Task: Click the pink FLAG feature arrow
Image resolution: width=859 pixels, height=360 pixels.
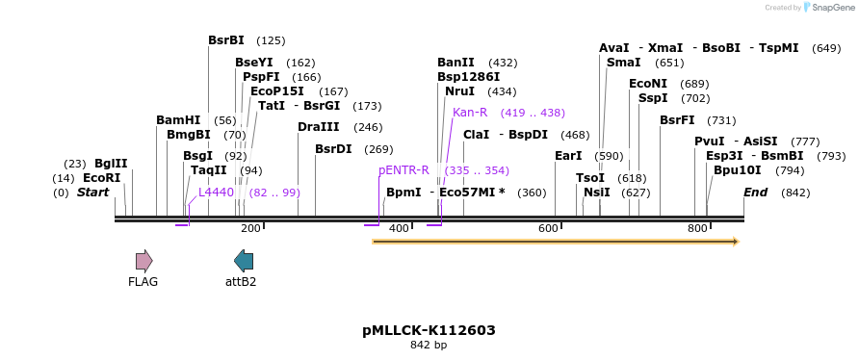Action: click(143, 260)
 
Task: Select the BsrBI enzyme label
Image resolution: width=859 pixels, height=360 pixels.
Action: click(226, 40)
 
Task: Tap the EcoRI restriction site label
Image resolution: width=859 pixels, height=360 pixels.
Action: click(101, 178)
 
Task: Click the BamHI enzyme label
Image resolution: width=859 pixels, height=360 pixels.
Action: click(178, 120)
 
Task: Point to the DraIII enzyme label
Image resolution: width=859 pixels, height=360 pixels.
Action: click(319, 127)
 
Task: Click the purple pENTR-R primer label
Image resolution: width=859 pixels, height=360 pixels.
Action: click(403, 170)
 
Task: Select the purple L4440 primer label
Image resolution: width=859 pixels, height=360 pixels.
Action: click(216, 193)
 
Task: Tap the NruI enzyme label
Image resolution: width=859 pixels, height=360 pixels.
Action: click(459, 91)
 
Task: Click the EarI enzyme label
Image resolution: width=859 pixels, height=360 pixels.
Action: click(568, 156)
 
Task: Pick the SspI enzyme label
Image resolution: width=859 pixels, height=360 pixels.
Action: click(653, 98)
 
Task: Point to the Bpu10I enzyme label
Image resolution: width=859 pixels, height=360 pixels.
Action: click(738, 170)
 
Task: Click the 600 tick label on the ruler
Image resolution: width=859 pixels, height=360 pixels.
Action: click(548, 228)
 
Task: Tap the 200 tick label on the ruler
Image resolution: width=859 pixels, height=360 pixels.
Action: click(250, 228)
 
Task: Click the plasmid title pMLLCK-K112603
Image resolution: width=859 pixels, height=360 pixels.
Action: click(429, 330)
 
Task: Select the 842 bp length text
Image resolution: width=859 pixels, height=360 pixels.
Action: click(429, 345)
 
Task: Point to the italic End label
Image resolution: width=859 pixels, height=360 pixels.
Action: click(755, 193)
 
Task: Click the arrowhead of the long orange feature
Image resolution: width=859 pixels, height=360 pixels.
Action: click(735, 242)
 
